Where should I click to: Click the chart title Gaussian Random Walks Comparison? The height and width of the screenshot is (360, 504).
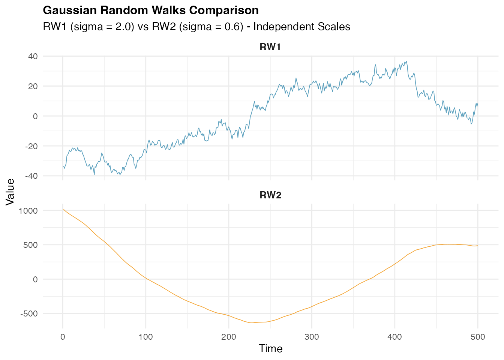tap(151, 10)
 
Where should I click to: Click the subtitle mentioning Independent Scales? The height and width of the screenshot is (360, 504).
tap(196, 27)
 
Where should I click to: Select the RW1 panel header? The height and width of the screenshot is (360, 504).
tap(270, 47)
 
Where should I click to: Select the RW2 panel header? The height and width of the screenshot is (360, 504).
tap(270, 195)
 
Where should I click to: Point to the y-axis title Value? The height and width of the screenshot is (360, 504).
tap(10, 192)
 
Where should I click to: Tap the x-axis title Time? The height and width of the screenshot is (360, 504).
tap(270, 349)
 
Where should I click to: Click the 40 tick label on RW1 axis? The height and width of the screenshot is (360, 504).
tap(33, 56)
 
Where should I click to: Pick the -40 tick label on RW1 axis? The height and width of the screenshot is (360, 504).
tap(31, 176)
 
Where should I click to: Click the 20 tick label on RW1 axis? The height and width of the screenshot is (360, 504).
tap(33, 86)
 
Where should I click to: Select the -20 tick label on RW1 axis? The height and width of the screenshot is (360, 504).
tap(31, 146)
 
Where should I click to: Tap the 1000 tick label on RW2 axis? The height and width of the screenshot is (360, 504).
tap(28, 211)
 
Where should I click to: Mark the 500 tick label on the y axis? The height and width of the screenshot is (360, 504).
tap(30, 245)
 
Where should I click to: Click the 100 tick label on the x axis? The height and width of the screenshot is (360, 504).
tap(145, 337)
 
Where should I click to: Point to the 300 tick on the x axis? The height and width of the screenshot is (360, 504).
tap(312, 337)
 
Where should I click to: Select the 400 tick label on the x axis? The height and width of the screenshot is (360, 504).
tap(394, 337)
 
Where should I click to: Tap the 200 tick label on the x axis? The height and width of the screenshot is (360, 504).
tap(229, 337)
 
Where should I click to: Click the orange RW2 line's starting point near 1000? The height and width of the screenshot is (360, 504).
tap(63, 210)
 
